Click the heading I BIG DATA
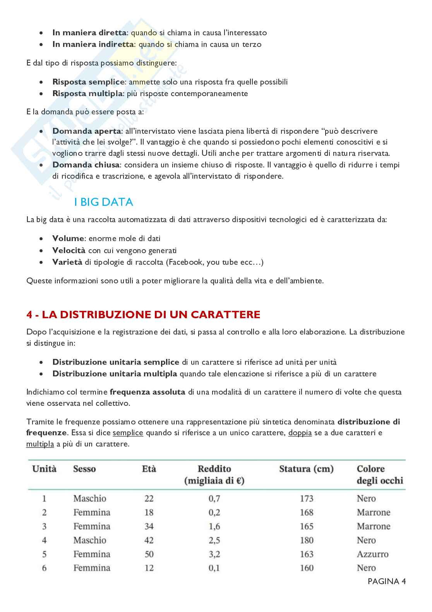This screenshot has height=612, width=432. coord(103,202)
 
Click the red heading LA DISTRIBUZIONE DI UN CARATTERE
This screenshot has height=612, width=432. coord(143,314)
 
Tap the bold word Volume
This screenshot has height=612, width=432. coord(68,238)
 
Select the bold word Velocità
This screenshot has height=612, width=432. coord(69,250)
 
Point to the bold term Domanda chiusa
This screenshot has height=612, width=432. coord(86,165)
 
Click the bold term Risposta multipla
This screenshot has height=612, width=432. coord(87,93)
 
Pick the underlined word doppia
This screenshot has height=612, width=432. coord(300,433)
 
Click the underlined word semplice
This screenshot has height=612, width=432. coord(128,433)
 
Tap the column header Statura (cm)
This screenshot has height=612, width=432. coord(306,469)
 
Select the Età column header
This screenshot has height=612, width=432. coord(149,469)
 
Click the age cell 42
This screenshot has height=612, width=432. coord(149,540)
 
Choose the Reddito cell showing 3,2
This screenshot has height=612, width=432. coord(214,554)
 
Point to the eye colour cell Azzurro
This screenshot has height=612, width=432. coord(372,554)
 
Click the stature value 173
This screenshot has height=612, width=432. coord(307,498)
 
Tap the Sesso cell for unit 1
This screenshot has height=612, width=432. coord(90,498)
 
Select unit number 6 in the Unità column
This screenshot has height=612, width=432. coord(44,568)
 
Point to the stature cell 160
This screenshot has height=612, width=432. coord(307,568)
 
